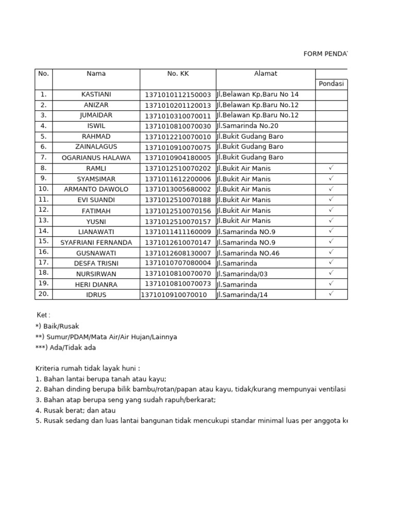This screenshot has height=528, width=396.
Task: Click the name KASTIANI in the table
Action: click(x=96, y=94)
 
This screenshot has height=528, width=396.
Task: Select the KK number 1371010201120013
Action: click(x=178, y=105)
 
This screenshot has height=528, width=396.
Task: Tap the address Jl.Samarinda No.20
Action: click(x=247, y=126)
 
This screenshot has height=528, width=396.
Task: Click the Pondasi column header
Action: click(x=331, y=84)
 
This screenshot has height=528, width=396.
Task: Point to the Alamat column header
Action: click(x=266, y=74)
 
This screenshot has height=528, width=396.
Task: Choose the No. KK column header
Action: click(x=178, y=74)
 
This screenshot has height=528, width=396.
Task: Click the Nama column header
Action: click(x=96, y=74)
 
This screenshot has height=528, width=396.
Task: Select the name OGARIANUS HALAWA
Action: click(x=96, y=158)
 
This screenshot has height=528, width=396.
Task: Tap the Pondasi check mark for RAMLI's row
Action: click(x=331, y=168)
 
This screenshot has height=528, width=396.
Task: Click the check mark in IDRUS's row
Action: click(x=331, y=294)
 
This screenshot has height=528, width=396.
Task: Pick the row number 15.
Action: click(x=43, y=241)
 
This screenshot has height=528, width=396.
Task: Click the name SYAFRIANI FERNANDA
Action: click(x=96, y=242)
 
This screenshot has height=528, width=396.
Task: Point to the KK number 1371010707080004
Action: click(x=178, y=263)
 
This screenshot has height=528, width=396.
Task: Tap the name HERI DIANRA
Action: click(x=96, y=285)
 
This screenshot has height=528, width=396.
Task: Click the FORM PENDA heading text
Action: click(x=325, y=54)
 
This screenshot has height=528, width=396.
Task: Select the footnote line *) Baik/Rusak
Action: click(x=57, y=326)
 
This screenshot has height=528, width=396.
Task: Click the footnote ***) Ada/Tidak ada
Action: click(x=65, y=348)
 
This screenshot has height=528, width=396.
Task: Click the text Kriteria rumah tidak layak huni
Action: click(x=87, y=368)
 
